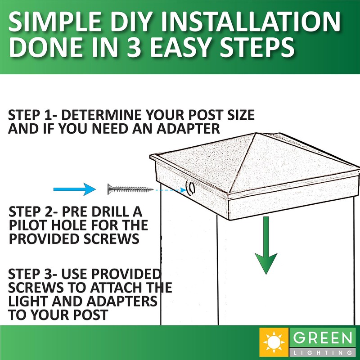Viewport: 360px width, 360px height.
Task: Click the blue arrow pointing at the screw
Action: coord(75,189)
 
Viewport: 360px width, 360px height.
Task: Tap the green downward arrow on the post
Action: coord(266,245)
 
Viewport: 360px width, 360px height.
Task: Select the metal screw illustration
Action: coord(130,189)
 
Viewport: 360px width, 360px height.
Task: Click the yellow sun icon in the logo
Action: coord(274,342)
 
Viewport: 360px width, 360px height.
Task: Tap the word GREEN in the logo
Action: coord(323,338)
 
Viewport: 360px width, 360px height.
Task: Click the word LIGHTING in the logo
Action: coord(323,352)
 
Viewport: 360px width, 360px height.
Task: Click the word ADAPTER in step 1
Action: coord(189,129)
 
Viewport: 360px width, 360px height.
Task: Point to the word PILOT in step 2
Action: coord(28,225)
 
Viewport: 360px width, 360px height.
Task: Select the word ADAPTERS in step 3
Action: coord(126,301)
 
